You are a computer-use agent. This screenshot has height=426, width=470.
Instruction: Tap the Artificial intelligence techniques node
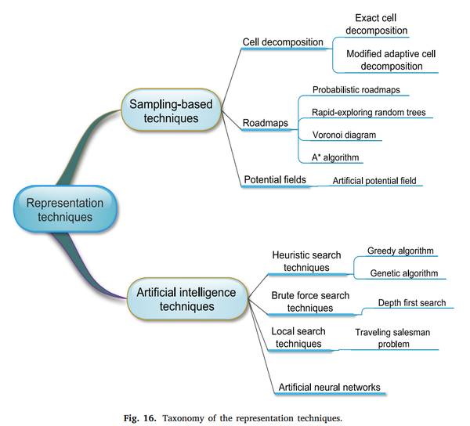[x=186, y=298]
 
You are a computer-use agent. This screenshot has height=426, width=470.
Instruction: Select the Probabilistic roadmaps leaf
[x=356, y=90]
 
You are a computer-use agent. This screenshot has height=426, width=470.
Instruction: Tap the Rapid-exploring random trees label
[x=368, y=112]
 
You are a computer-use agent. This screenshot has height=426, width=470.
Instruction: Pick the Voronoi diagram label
[x=343, y=135]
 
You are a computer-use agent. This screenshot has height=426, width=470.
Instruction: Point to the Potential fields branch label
[x=275, y=179]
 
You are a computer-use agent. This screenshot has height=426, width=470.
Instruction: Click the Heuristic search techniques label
[x=301, y=261]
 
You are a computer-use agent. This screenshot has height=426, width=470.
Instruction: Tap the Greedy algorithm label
[x=399, y=251]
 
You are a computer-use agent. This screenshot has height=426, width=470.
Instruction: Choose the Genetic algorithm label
[x=403, y=273]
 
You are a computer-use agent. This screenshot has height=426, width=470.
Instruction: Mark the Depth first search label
[x=412, y=302]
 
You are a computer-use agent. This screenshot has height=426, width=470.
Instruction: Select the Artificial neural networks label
[x=329, y=387]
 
